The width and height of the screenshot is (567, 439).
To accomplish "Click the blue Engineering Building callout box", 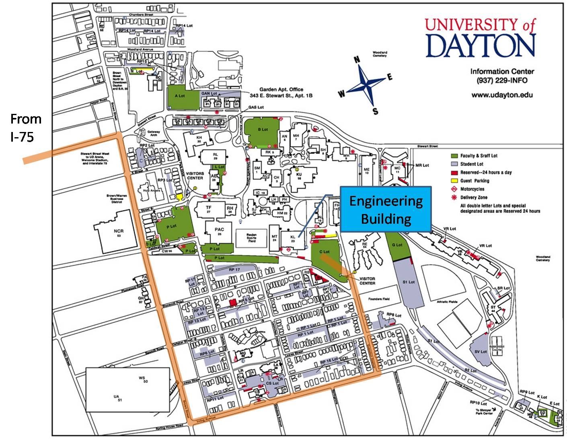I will click(386, 209).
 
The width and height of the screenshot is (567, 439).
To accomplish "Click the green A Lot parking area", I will click(180, 97).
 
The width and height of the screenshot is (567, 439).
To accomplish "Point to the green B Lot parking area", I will click(263, 130).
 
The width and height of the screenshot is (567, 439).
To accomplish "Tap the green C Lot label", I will click(324, 252).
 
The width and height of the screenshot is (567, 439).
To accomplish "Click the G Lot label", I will click(397, 245).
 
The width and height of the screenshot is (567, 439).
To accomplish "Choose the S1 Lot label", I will click(409, 282).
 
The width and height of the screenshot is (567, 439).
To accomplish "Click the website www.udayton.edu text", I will click(502, 95).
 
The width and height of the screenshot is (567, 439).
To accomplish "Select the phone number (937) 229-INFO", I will click(502, 80).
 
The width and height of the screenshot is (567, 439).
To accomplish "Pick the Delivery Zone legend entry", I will click(474, 198).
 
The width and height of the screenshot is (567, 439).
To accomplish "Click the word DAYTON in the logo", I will click(481, 45).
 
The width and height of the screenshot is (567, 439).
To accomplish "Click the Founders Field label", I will click(379, 299).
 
